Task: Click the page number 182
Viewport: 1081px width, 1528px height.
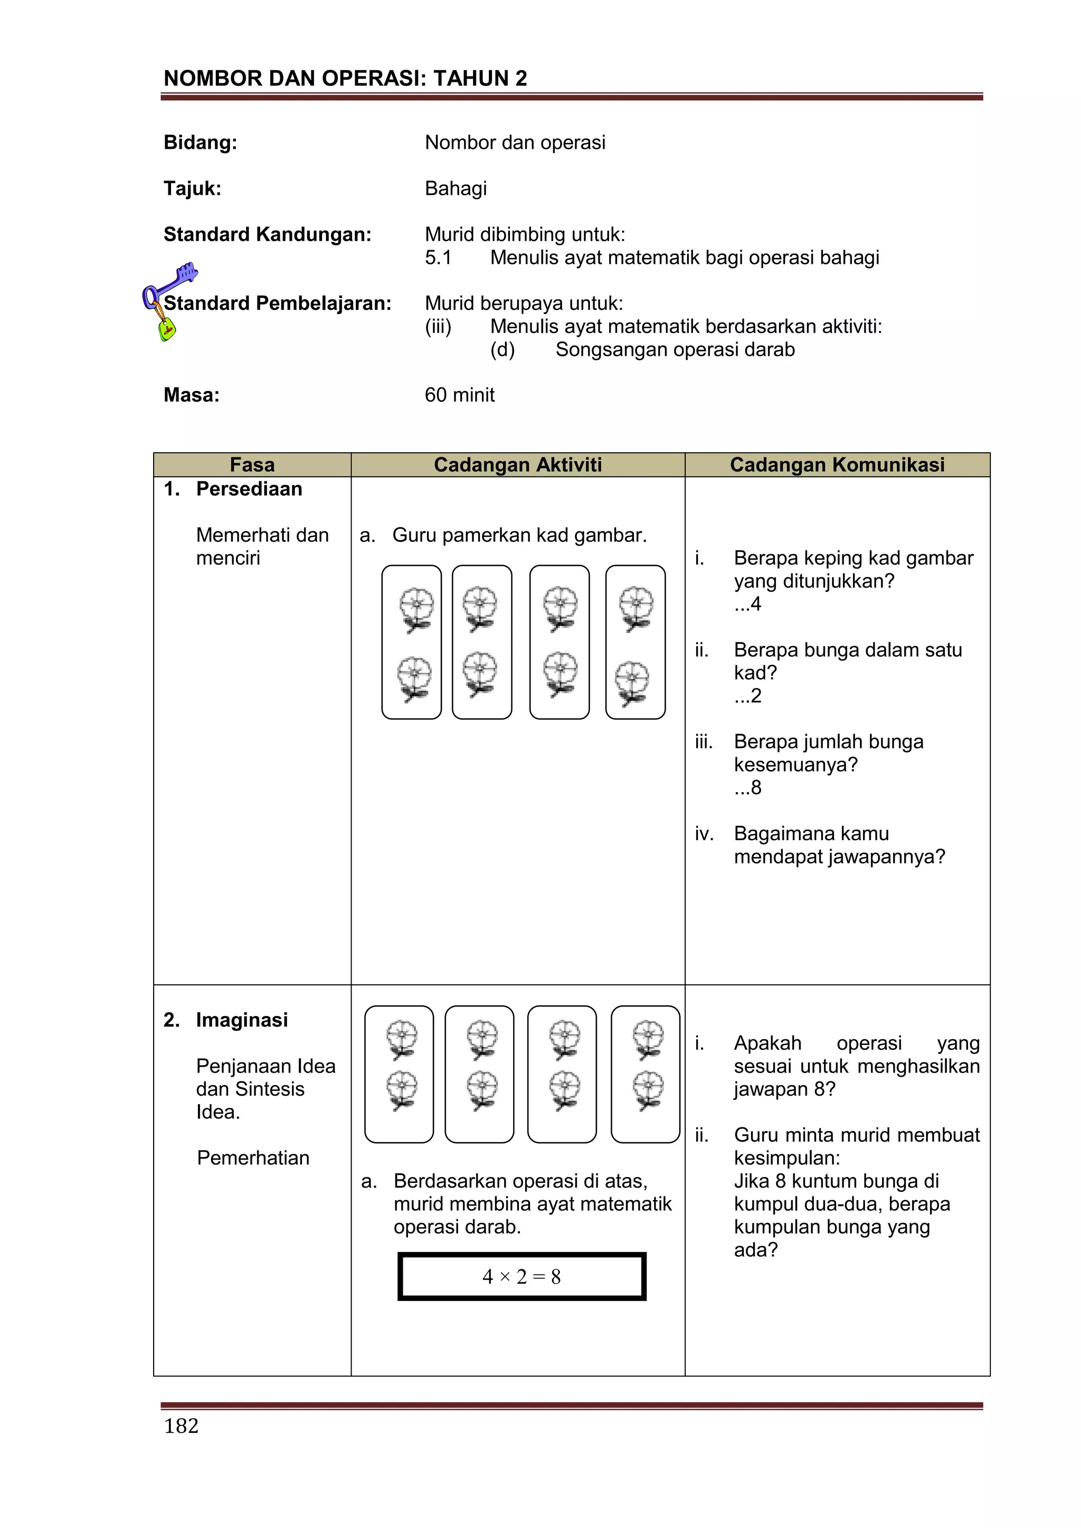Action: [x=181, y=1426]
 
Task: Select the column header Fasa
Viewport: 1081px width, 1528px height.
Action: [x=252, y=464]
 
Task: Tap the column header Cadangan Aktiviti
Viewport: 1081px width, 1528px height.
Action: [x=517, y=464]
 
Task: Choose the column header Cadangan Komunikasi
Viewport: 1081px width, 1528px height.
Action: [x=837, y=464]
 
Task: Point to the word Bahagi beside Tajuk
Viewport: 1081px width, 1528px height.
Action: [x=456, y=188]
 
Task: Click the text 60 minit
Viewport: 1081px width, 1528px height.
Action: [x=459, y=395]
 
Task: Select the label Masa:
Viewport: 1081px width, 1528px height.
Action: [x=192, y=395]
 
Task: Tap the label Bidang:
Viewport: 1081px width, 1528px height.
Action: [x=201, y=143]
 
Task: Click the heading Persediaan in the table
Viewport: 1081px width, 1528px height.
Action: [x=249, y=489]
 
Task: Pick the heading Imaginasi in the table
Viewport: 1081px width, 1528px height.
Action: [x=242, y=1020]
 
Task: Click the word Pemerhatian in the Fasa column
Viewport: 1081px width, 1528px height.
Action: [x=253, y=1158]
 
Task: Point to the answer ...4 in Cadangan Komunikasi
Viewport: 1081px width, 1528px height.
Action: [x=747, y=604]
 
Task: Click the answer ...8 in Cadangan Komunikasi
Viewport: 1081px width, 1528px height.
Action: [x=747, y=787]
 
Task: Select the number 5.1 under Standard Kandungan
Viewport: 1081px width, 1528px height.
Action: [x=438, y=258]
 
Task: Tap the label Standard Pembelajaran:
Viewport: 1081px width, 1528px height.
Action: [x=278, y=303]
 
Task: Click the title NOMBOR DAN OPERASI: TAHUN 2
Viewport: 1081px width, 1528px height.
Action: [x=345, y=79]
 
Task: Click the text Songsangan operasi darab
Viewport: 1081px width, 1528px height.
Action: [x=675, y=349]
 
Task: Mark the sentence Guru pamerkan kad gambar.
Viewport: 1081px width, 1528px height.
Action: [x=519, y=535]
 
